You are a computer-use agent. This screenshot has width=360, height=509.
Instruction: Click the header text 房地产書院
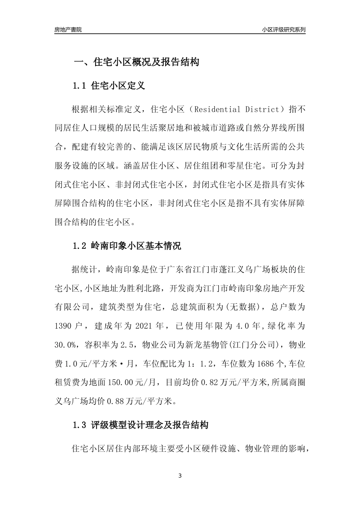[68, 30]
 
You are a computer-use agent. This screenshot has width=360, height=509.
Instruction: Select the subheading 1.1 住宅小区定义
[109, 86]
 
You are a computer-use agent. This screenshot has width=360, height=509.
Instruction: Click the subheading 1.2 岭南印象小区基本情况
[127, 246]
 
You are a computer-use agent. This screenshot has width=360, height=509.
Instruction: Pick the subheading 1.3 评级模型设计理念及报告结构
[140, 425]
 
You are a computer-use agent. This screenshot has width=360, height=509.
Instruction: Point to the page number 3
[180, 476]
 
